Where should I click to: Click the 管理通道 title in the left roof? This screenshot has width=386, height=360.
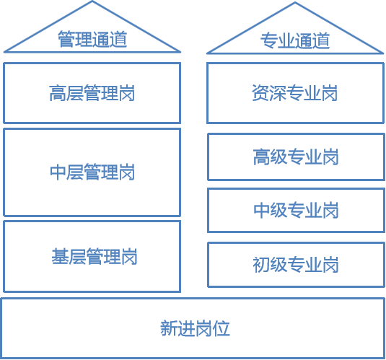92,39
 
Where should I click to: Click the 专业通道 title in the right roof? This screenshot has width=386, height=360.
295,40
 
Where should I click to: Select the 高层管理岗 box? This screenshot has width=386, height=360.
92,93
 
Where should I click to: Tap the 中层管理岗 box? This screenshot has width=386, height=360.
92,172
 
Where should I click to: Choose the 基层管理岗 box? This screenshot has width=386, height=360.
92,256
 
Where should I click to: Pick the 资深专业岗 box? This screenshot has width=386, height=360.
295,93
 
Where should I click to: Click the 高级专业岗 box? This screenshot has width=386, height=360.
296,157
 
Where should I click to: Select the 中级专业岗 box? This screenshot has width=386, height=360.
296,210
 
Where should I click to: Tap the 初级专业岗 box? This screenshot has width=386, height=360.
296,265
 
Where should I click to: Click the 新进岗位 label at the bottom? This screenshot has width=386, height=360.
195,328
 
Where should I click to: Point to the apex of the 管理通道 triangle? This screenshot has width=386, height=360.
92,1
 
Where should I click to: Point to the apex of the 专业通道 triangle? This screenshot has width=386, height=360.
295,2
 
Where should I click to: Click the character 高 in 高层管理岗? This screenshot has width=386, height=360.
58,93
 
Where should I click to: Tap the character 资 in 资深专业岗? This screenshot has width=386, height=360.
260,93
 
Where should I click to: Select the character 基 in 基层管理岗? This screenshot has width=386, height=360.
60,256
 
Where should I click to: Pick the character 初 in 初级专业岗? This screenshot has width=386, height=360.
261,265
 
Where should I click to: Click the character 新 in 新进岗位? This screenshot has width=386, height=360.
169,328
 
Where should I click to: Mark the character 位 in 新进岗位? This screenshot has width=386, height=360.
221,328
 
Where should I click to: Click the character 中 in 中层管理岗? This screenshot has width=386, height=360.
58,172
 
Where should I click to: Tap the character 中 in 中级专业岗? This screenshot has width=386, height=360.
262,210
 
